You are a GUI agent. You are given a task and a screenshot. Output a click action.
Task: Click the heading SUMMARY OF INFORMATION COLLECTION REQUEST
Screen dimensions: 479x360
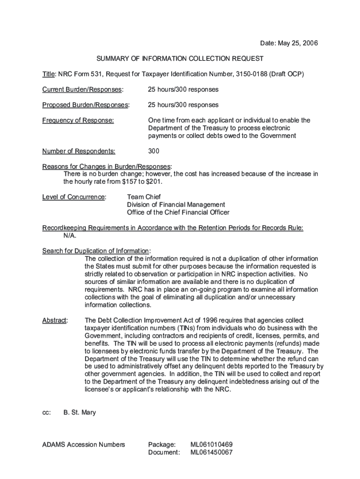pyautogui.click(x=180, y=59)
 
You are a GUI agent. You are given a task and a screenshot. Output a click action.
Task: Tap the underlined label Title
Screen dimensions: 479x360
pyautogui.click(x=49, y=74)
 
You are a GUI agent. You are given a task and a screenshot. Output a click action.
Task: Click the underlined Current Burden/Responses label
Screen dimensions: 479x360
pyautogui.click(x=82, y=89)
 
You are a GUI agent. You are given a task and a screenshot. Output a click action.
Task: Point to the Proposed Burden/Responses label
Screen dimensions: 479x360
pyautogui.click(x=86, y=105)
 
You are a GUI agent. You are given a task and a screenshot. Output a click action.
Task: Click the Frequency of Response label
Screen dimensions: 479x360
pyautogui.click(x=78, y=120)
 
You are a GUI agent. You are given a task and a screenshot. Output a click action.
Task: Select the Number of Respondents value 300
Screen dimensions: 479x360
pyautogui.click(x=153, y=151)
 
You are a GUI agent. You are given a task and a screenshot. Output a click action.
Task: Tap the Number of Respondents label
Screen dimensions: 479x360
pyautogui.click(x=79, y=151)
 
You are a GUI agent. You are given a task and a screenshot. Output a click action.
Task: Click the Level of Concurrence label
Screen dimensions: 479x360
pyautogui.click(x=74, y=197)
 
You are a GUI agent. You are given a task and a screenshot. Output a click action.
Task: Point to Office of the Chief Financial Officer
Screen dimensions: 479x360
pyautogui.click(x=178, y=212)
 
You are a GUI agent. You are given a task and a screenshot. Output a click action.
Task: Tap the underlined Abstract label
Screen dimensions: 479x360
pyautogui.click(x=55, y=320)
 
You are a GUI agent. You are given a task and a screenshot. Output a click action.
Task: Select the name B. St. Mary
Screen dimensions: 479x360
pyautogui.click(x=79, y=413)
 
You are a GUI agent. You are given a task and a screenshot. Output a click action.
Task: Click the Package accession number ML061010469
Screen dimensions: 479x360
pyautogui.click(x=211, y=444)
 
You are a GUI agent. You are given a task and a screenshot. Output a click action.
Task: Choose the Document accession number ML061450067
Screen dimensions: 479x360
pyautogui.click(x=211, y=452)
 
